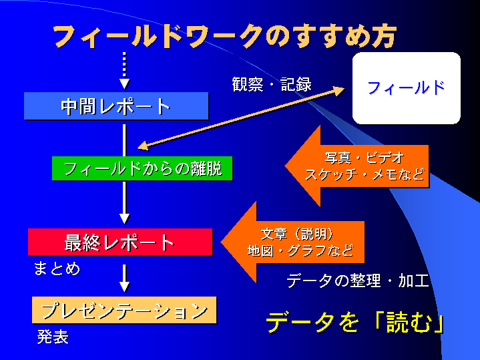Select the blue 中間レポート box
[116, 106]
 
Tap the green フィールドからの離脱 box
[142, 168]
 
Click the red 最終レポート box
[119, 242]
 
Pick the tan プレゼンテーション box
[124, 311]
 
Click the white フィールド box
[406, 87]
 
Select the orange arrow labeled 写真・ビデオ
[354, 166]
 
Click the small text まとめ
[57, 268]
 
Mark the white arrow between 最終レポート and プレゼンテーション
[124, 277]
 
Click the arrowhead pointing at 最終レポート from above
[124, 217]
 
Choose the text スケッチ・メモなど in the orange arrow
[364, 176]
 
